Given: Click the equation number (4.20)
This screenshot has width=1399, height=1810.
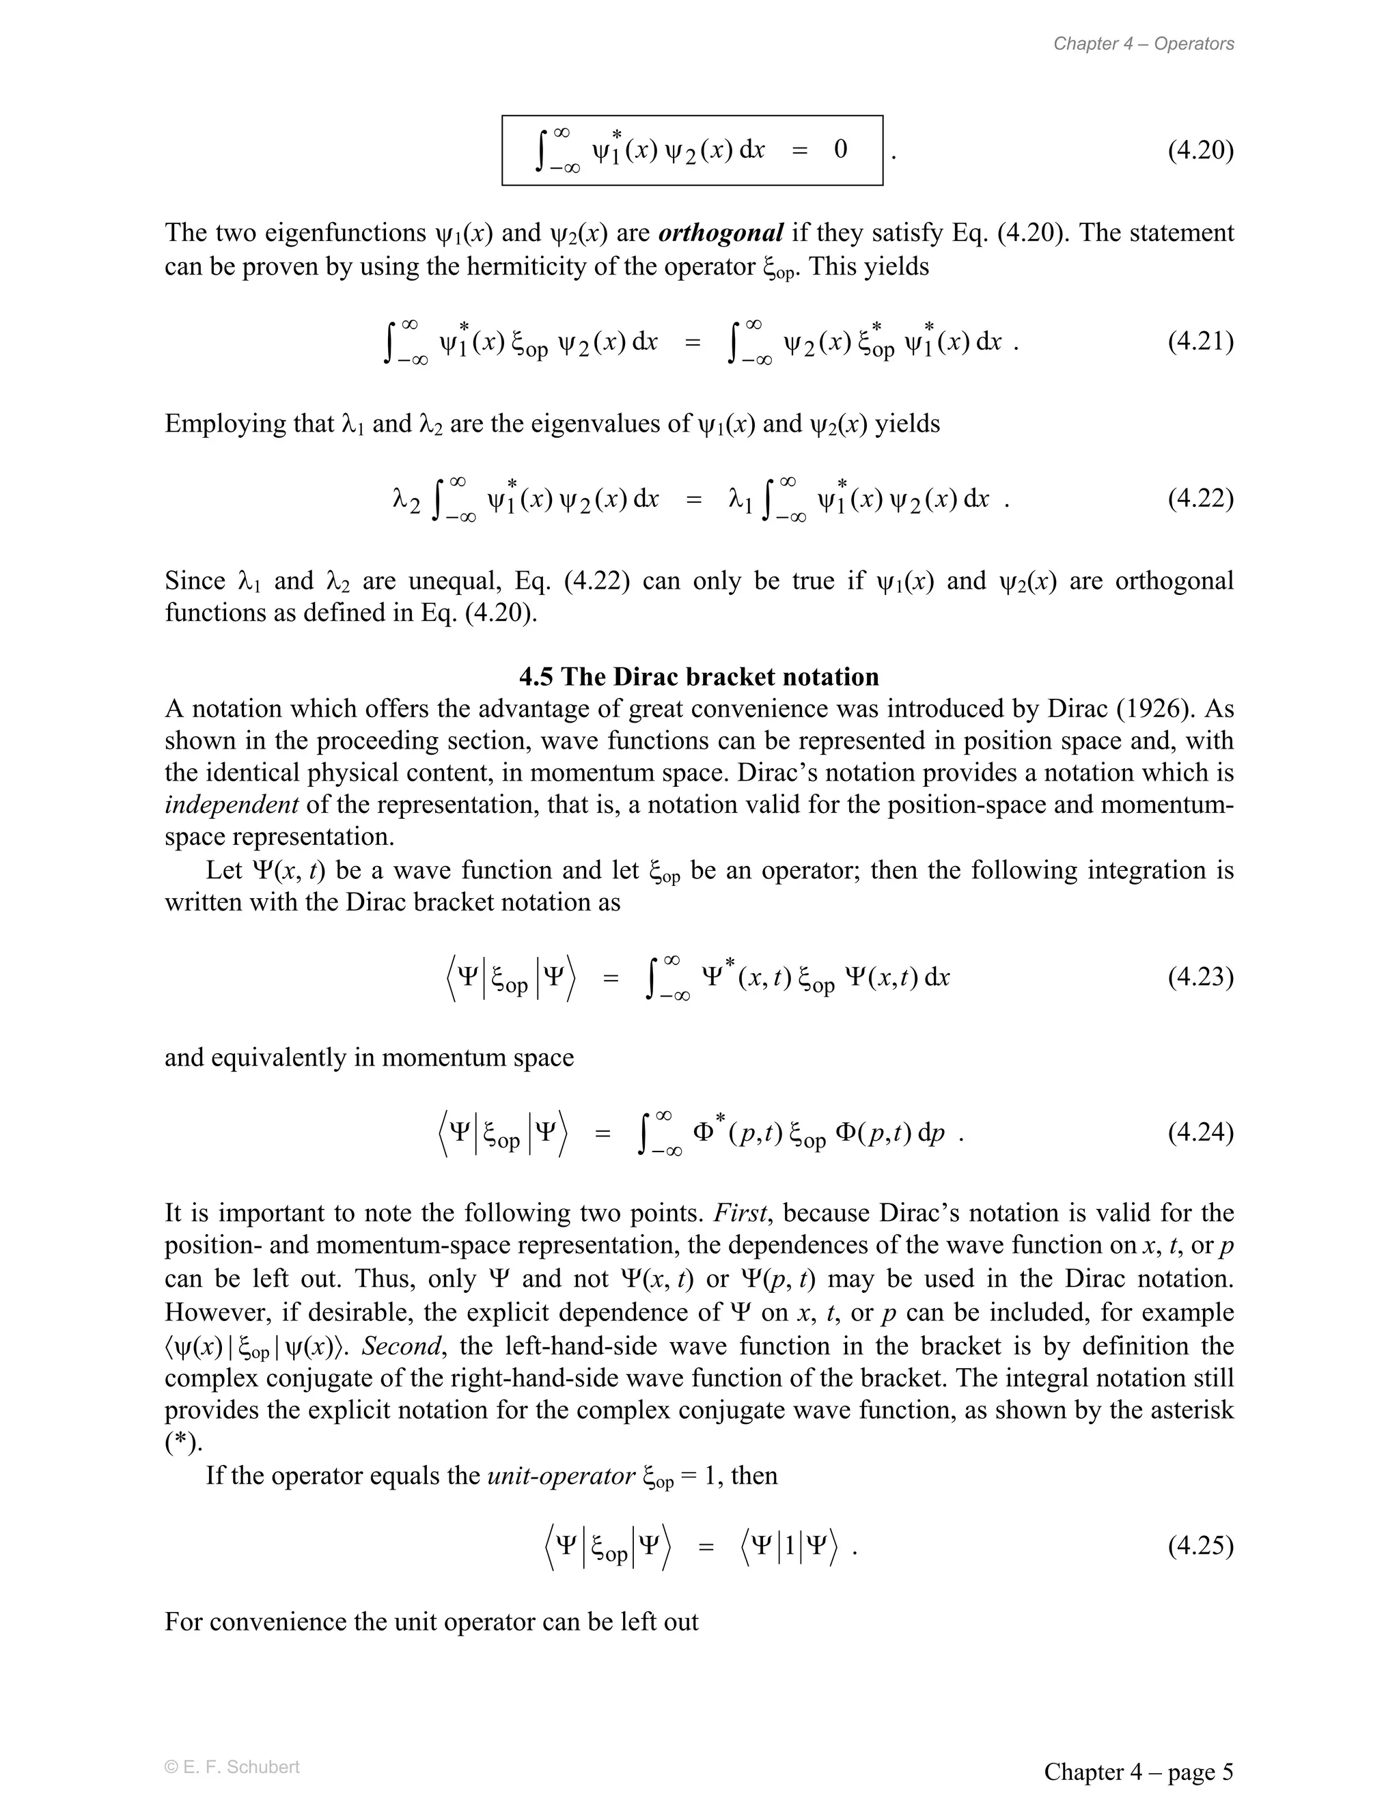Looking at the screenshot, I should tap(1200, 150).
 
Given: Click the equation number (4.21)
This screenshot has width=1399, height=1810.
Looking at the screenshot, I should tap(1200, 342).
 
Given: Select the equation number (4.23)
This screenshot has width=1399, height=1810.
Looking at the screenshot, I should tap(1200, 977).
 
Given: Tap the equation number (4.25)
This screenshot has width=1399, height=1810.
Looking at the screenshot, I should tap(1200, 1546).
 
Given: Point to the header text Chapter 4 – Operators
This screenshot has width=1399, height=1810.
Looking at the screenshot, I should tap(1143, 44).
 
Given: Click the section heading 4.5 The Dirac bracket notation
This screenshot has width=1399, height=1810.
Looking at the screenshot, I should tap(699, 676).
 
